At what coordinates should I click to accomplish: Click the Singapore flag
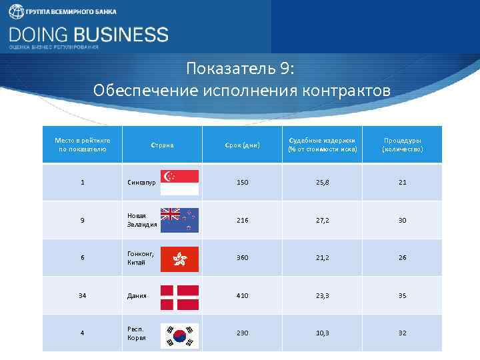pyautogui.click(x=179, y=182)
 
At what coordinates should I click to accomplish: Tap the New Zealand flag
pyautogui.click(x=179, y=220)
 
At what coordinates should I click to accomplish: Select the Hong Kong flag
pyautogui.click(x=179, y=258)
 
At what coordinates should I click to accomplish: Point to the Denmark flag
pyautogui.click(x=179, y=296)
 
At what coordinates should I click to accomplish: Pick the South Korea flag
pyautogui.click(x=179, y=333)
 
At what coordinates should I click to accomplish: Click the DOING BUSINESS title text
pyautogui.click(x=89, y=34)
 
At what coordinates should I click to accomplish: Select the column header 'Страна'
pyautogui.click(x=162, y=145)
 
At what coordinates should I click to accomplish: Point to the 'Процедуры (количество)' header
pyautogui.click(x=402, y=145)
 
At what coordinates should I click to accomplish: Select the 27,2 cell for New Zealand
pyautogui.click(x=322, y=220)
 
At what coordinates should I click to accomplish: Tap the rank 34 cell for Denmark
pyautogui.click(x=82, y=295)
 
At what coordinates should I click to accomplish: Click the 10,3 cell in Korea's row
pyautogui.click(x=322, y=333)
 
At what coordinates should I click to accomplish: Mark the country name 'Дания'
pyautogui.click(x=137, y=296)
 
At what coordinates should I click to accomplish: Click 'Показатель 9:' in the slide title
pyautogui.click(x=240, y=69)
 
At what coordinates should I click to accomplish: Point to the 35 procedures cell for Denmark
pyautogui.click(x=402, y=295)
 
